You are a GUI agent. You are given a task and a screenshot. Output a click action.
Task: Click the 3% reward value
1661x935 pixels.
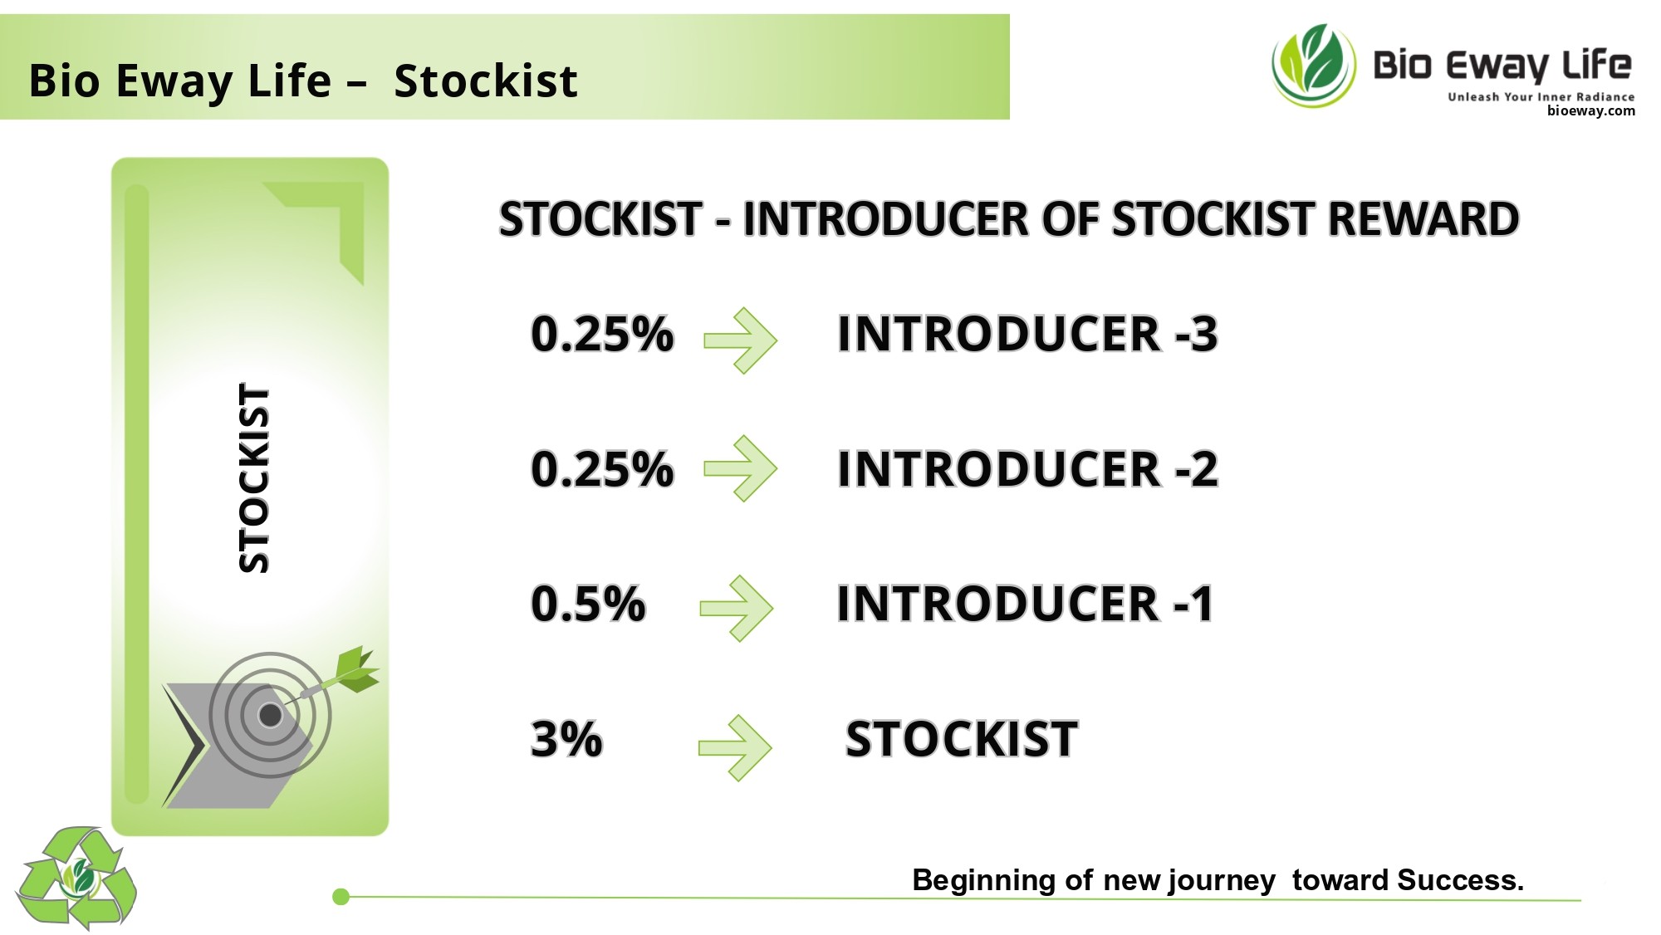click(x=566, y=738)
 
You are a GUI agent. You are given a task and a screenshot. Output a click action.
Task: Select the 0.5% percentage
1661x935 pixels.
click(x=588, y=603)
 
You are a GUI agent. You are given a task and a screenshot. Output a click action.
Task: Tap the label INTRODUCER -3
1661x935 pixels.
click(x=1027, y=334)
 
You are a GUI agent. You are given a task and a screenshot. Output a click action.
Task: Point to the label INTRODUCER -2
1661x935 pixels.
click(x=1027, y=469)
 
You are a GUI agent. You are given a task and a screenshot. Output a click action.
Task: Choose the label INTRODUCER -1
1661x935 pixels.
click(x=1025, y=604)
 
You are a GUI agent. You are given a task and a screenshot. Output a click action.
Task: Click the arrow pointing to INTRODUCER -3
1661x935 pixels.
click(x=740, y=340)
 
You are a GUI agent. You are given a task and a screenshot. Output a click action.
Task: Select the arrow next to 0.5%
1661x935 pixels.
click(x=737, y=609)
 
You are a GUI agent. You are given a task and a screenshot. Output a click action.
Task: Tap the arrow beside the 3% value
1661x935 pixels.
click(x=735, y=748)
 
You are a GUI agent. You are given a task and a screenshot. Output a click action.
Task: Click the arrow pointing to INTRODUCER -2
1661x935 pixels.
click(x=740, y=468)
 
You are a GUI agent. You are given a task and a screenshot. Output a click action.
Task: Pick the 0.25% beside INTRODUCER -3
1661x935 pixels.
click(x=602, y=334)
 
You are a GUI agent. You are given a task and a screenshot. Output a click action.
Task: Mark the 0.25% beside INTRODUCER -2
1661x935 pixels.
click(x=602, y=469)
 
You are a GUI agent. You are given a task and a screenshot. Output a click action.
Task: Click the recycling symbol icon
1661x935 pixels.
click(x=76, y=878)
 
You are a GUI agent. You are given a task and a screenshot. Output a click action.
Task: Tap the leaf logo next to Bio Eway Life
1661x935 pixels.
click(x=1314, y=66)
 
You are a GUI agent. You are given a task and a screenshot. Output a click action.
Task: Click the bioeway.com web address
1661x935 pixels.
click(x=1590, y=110)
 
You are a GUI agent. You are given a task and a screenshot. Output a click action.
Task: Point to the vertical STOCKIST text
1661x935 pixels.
click(x=254, y=478)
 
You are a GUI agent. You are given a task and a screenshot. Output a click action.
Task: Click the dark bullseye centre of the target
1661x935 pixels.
click(x=271, y=715)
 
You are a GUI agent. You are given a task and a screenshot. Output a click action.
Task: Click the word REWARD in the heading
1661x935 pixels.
click(x=1423, y=219)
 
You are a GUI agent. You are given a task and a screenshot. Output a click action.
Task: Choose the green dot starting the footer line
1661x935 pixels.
click(x=341, y=897)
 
